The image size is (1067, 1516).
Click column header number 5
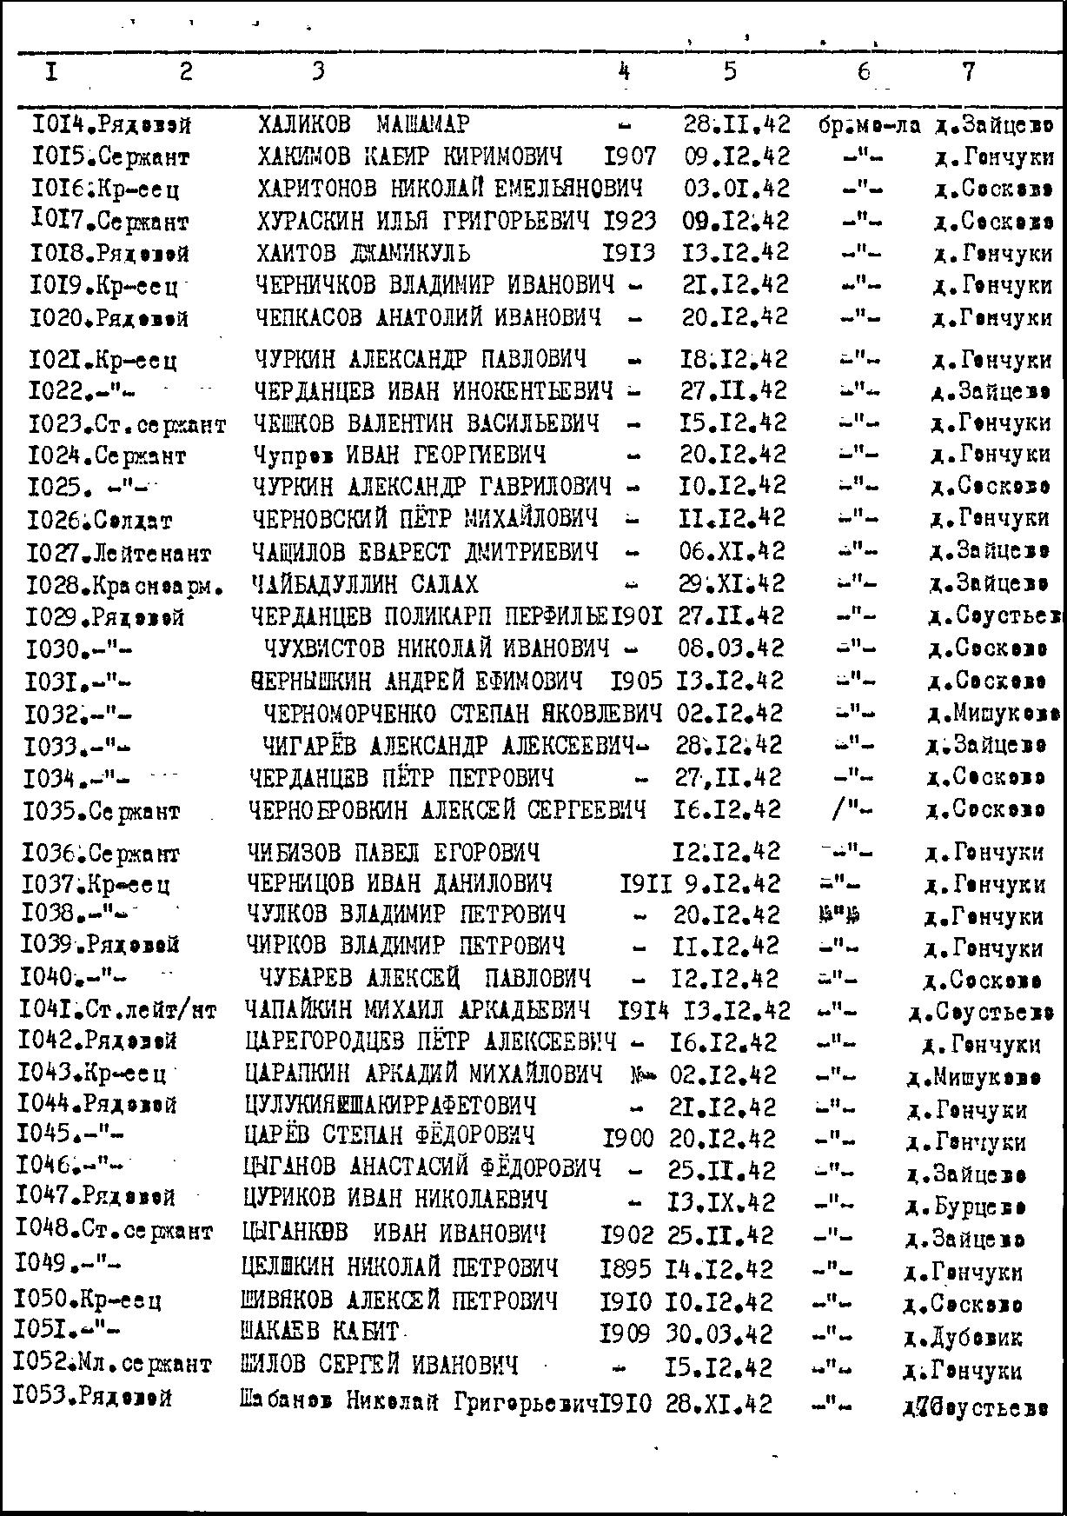[729, 70]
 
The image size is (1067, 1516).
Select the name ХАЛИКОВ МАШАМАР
[364, 124]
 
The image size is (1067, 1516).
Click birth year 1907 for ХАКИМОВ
[630, 156]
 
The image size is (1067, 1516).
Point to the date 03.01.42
[735, 189]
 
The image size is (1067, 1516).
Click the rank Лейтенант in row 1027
[152, 553]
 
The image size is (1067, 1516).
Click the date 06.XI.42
[732, 551]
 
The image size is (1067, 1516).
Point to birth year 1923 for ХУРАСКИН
[629, 221]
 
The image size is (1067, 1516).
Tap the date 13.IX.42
[720, 1202]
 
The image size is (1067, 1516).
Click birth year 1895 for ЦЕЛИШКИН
[625, 1269]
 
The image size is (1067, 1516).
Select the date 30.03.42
[719, 1333]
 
